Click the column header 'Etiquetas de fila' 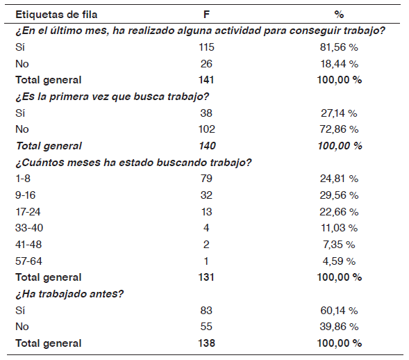(56, 15)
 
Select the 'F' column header (206, 15)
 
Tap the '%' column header (339, 15)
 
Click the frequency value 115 (206, 47)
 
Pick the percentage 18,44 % (339, 64)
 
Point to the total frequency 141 (206, 80)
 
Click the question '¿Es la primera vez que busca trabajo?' (112, 97)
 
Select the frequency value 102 (207, 129)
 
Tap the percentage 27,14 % (339, 113)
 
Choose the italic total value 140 (208, 146)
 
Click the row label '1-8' (23, 179)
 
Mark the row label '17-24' (28, 212)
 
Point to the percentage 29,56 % (339, 195)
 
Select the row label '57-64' (28, 261)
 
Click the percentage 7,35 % (339, 245)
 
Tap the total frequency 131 (206, 277)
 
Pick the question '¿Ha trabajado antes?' (69, 294)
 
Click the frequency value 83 (206, 311)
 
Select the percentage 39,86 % (339, 327)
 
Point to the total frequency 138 (207, 343)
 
